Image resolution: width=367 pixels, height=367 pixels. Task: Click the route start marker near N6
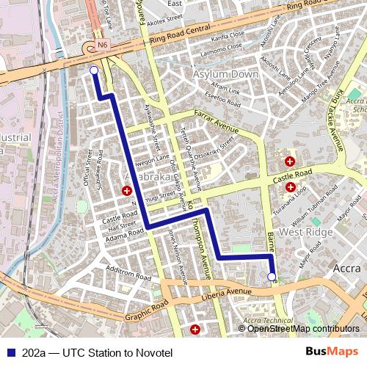click(93, 70)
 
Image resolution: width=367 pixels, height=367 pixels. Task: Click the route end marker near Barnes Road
click(272, 277)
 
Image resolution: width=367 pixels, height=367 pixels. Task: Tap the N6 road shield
click(102, 45)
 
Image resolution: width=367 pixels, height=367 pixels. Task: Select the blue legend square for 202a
click(10, 352)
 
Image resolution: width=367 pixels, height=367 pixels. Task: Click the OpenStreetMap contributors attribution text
click(303, 329)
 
